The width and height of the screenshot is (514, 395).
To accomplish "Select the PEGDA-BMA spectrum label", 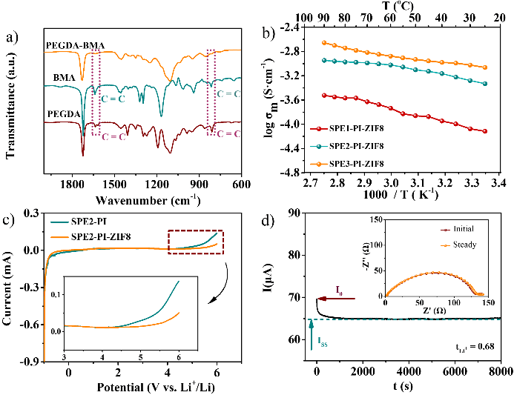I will [74, 45].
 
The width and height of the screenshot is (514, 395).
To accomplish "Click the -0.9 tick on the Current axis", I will [30, 362].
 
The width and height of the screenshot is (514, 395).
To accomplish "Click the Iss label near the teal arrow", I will [323, 343].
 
